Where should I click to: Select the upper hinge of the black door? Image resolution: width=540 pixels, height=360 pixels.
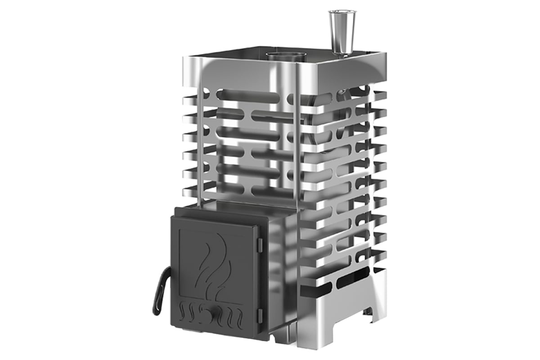pyautogui.click(x=259, y=244)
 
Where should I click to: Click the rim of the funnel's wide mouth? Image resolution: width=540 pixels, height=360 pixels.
pyautogui.click(x=342, y=12)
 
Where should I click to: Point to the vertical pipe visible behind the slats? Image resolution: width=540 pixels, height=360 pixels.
pyautogui.click(x=280, y=135)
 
